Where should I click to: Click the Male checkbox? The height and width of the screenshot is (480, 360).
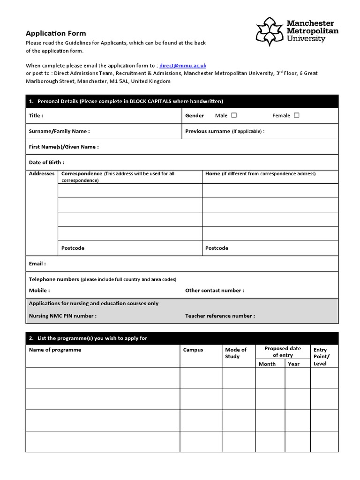(234, 115)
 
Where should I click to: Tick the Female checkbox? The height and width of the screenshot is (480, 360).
(297, 115)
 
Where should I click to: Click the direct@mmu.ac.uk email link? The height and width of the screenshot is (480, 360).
(183, 66)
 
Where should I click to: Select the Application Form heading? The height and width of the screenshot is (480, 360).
(56, 33)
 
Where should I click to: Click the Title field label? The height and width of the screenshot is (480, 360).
(36, 115)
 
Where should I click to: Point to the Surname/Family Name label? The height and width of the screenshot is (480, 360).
(59, 131)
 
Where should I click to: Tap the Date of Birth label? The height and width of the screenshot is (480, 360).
(46, 162)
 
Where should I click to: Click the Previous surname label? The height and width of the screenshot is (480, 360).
(208, 131)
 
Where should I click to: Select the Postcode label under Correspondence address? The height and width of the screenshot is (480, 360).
(73, 248)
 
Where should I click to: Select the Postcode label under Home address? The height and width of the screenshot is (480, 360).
(217, 248)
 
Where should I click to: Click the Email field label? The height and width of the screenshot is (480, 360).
(37, 263)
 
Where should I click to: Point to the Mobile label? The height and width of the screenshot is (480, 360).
(39, 290)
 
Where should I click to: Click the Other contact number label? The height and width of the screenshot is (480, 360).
(214, 290)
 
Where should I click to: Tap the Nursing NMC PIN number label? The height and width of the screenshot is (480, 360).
(63, 315)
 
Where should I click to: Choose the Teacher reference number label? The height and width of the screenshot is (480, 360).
(220, 315)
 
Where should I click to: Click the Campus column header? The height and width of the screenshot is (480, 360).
(193, 350)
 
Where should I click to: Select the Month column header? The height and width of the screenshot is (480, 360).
(267, 364)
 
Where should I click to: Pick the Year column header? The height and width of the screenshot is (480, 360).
(294, 364)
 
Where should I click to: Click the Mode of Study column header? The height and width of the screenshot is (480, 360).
(235, 353)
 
